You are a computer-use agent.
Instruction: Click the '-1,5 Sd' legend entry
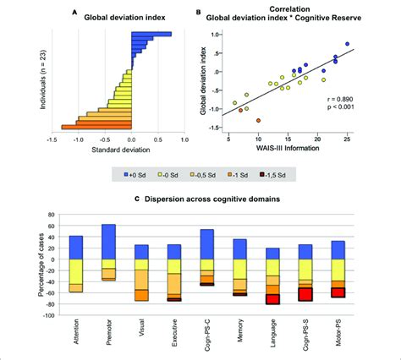coord(273,175)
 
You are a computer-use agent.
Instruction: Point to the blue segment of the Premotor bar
coord(107,242)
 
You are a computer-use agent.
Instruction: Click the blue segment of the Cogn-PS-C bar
coord(206,244)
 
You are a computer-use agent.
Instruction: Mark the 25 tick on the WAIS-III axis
coord(347,139)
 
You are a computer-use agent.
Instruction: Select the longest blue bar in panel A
coord(151,35)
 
